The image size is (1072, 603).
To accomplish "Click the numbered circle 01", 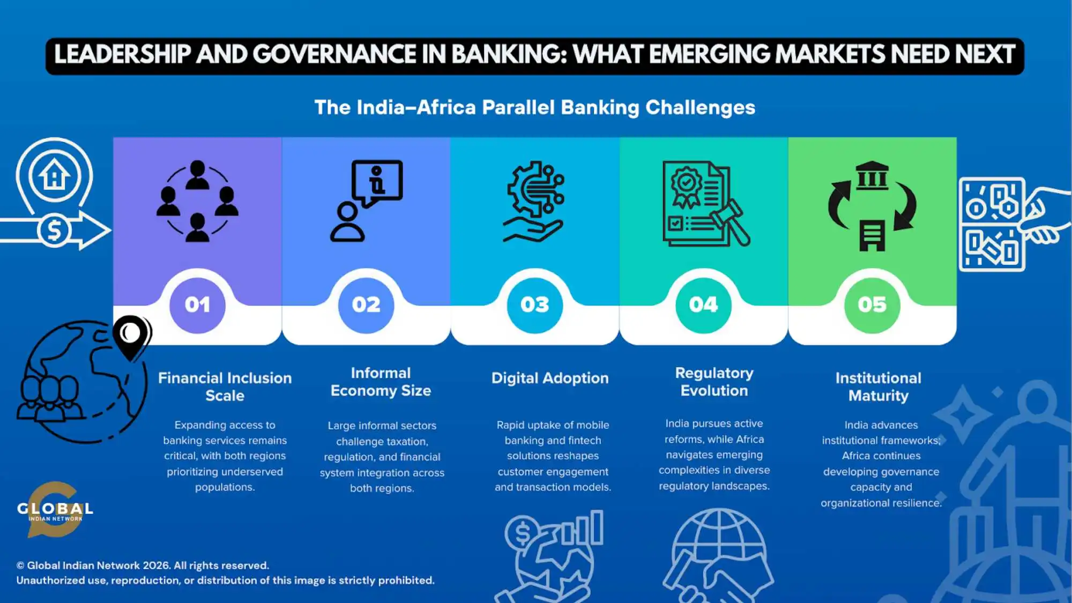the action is click(x=197, y=305).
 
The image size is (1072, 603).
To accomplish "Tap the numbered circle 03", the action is click(x=534, y=305).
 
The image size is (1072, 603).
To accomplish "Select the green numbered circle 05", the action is click(x=872, y=305).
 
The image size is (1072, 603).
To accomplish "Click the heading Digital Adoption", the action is click(x=550, y=378).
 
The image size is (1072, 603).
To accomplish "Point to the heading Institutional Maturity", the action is click(x=879, y=386).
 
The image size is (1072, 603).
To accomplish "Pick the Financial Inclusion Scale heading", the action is click(x=225, y=386).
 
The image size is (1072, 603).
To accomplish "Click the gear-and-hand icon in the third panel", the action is click(x=534, y=202).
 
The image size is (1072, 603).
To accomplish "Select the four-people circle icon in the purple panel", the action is click(x=197, y=201).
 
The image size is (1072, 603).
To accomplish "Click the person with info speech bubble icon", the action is click(x=366, y=201).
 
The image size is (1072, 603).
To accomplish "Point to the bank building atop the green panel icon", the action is click(x=872, y=175).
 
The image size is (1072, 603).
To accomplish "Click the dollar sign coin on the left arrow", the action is click(x=54, y=230).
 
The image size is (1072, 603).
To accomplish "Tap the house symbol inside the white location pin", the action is click(x=54, y=175).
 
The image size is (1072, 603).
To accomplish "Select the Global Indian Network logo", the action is click(x=55, y=510).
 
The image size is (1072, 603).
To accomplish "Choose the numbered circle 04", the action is click(x=703, y=305).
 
